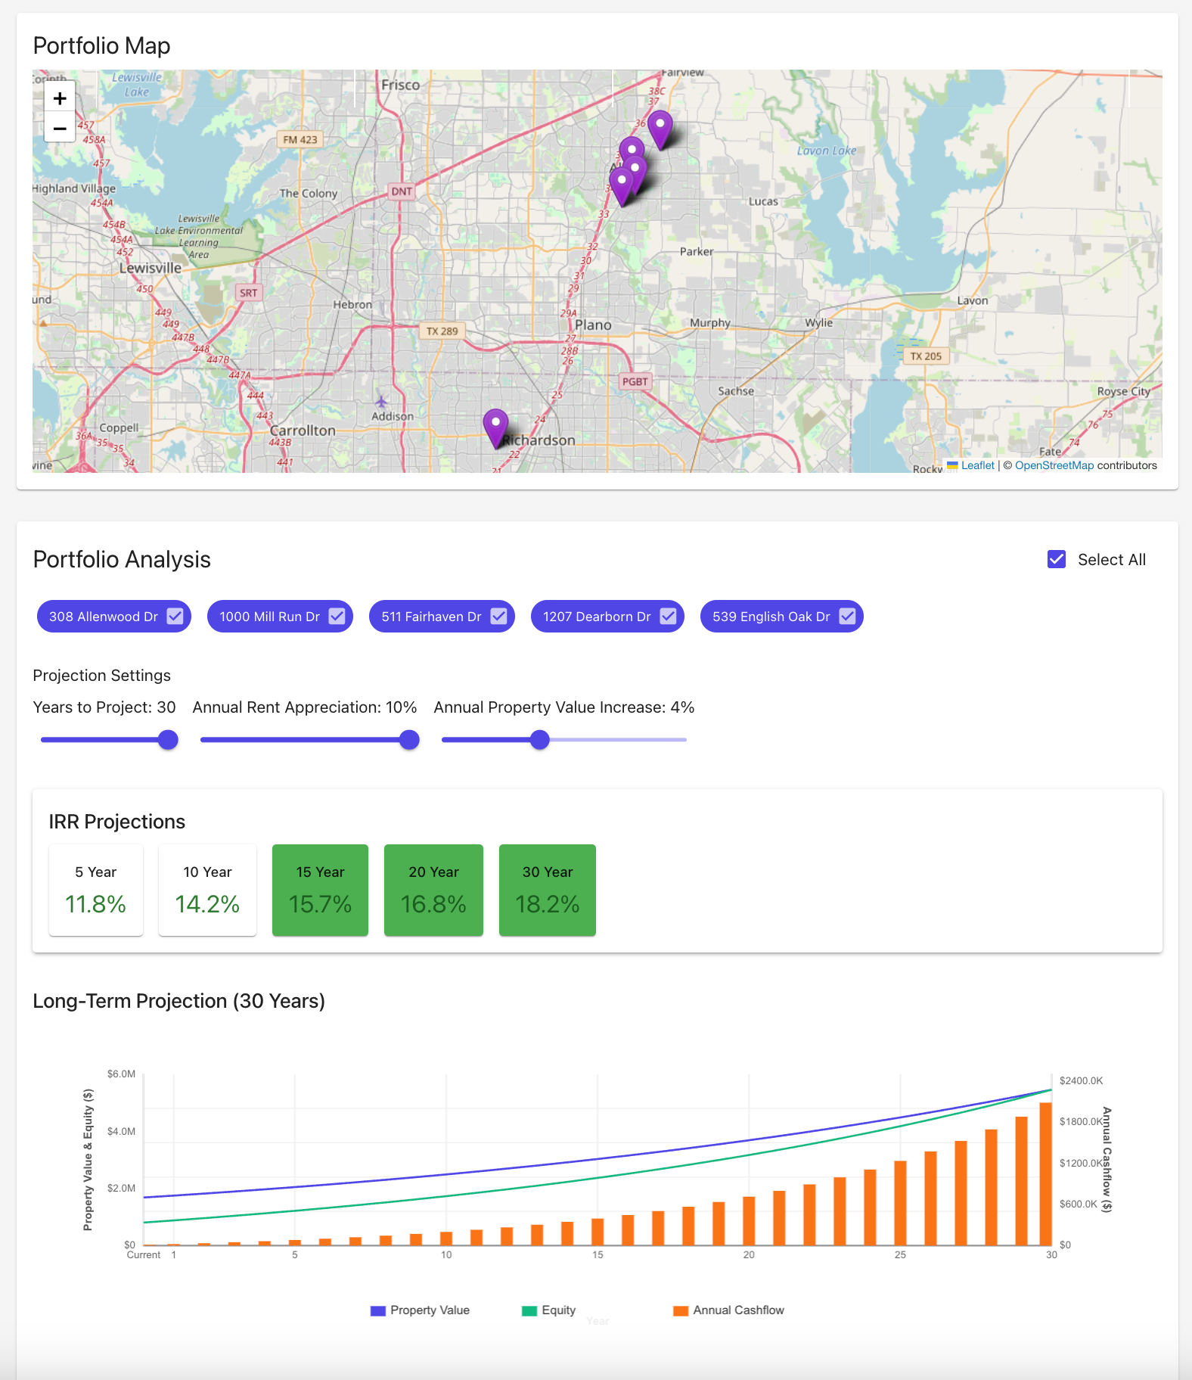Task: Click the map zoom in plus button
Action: coord(60,98)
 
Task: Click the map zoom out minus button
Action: coord(60,128)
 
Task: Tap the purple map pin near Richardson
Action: coord(495,426)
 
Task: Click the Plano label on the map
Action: coord(593,325)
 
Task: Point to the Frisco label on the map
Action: coord(400,85)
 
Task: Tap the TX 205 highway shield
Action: coord(926,356)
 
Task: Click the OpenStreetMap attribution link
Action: coord(1054,465)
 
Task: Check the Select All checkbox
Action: coord(1057,559)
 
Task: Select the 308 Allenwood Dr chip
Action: coord(104,617)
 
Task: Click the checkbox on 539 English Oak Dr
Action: coord(847,617)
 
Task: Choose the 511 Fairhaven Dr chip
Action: coord(431,617)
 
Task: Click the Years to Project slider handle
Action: coord(168,740)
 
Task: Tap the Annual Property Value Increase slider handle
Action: coord(539,740)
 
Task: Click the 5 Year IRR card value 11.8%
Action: coord(95,903)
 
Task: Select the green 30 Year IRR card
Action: coord(547,890)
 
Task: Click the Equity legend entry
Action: coord(549,1310)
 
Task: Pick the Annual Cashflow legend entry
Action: coord(729,1310)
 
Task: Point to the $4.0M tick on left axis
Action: coord(121,1131)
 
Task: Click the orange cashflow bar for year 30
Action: coord(1045,1173)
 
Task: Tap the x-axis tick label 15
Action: coord(598,1254)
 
